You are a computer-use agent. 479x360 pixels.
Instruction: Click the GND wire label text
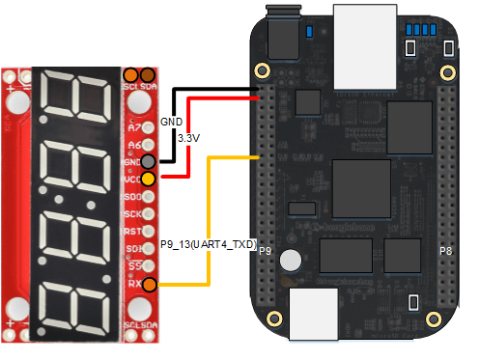pyautogui.click(x=171, y=123)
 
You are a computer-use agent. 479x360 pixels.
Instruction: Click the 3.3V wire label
pyautogui.click(x=188, y=139)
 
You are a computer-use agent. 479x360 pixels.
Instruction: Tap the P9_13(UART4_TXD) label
pyautogui.click(x=208, y=245)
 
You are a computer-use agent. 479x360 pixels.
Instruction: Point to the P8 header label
pyautogui.click(x=446, y=251)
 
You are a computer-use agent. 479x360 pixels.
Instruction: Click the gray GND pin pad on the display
pyautogui.click(x=148, y=162)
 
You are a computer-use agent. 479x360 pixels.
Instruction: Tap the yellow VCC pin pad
pyautogui.click(x=148, y=179)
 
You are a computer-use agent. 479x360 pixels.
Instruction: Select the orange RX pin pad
pyautogui.click(x=148, y=284)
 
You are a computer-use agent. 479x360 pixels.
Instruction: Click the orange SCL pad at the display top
pyautogui.click(x=130, y=74)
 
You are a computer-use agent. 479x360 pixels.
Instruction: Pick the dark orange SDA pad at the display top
pyautogui.click(x=147, y=74)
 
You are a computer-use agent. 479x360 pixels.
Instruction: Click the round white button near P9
pyautogui.click(x=296, y=261)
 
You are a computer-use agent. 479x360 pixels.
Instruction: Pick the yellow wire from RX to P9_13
pyautogui.click(x=206, y=212)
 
